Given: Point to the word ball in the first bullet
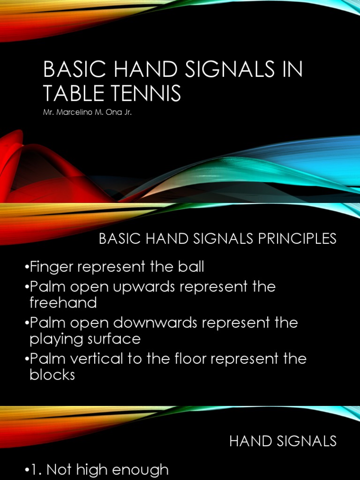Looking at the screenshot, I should pyautogui.click(x=191, y=267).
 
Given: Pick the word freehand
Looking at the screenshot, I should pyautogui.click(x=63, y=303).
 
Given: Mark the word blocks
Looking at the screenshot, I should pyautogui.click(x=52, y=375).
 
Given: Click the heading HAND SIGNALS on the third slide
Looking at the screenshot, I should pyautogui.click(x=283, y=441).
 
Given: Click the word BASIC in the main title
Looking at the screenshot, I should pyautogui.click(x=66, y=70).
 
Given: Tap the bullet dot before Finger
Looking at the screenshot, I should pyautogui.click(x=26, y=268).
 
